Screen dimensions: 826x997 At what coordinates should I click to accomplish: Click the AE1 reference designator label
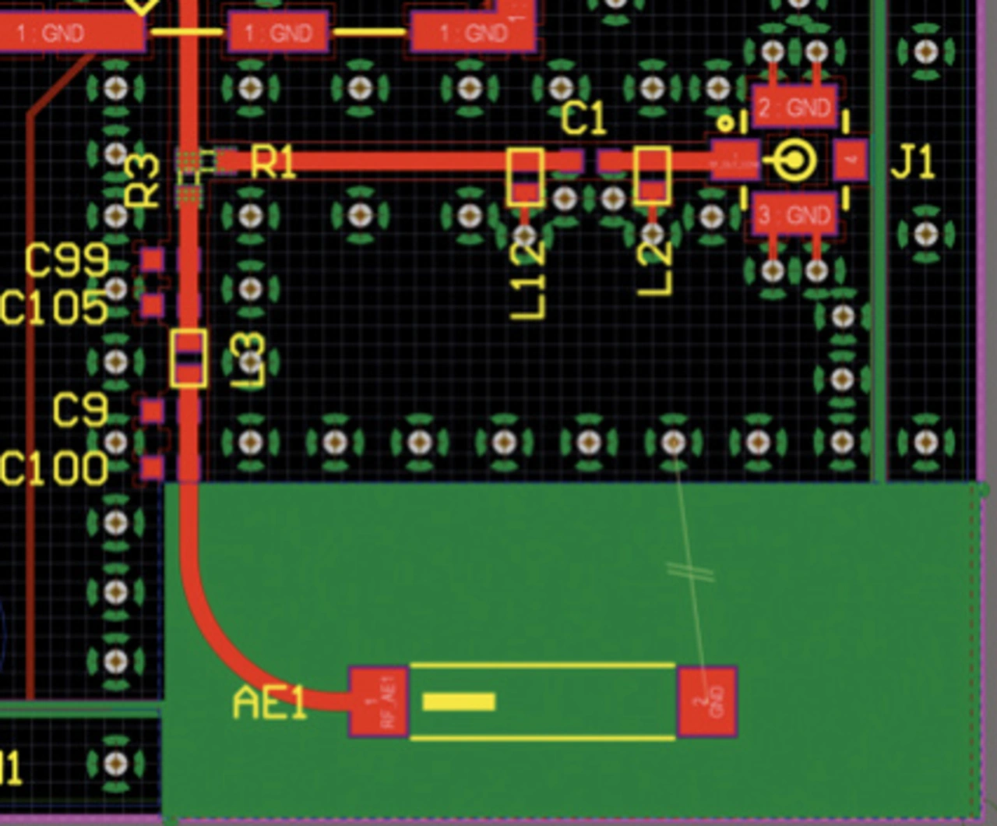270,704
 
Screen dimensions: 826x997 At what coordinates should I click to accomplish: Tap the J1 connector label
912,163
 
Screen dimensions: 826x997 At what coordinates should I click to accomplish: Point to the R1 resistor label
273,164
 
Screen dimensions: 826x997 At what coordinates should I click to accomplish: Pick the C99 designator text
67,261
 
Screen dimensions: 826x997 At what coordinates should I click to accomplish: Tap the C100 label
55,468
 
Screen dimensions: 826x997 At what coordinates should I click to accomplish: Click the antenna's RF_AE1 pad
379,702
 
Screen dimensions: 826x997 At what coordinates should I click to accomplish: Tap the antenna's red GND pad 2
707,701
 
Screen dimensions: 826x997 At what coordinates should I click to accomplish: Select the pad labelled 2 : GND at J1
794,107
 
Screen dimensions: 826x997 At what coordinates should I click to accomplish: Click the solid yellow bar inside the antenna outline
459,702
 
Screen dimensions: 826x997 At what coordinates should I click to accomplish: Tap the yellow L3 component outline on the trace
188,358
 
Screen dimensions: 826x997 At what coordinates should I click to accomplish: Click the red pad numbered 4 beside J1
852,161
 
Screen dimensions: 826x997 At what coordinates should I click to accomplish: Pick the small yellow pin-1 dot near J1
725,122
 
